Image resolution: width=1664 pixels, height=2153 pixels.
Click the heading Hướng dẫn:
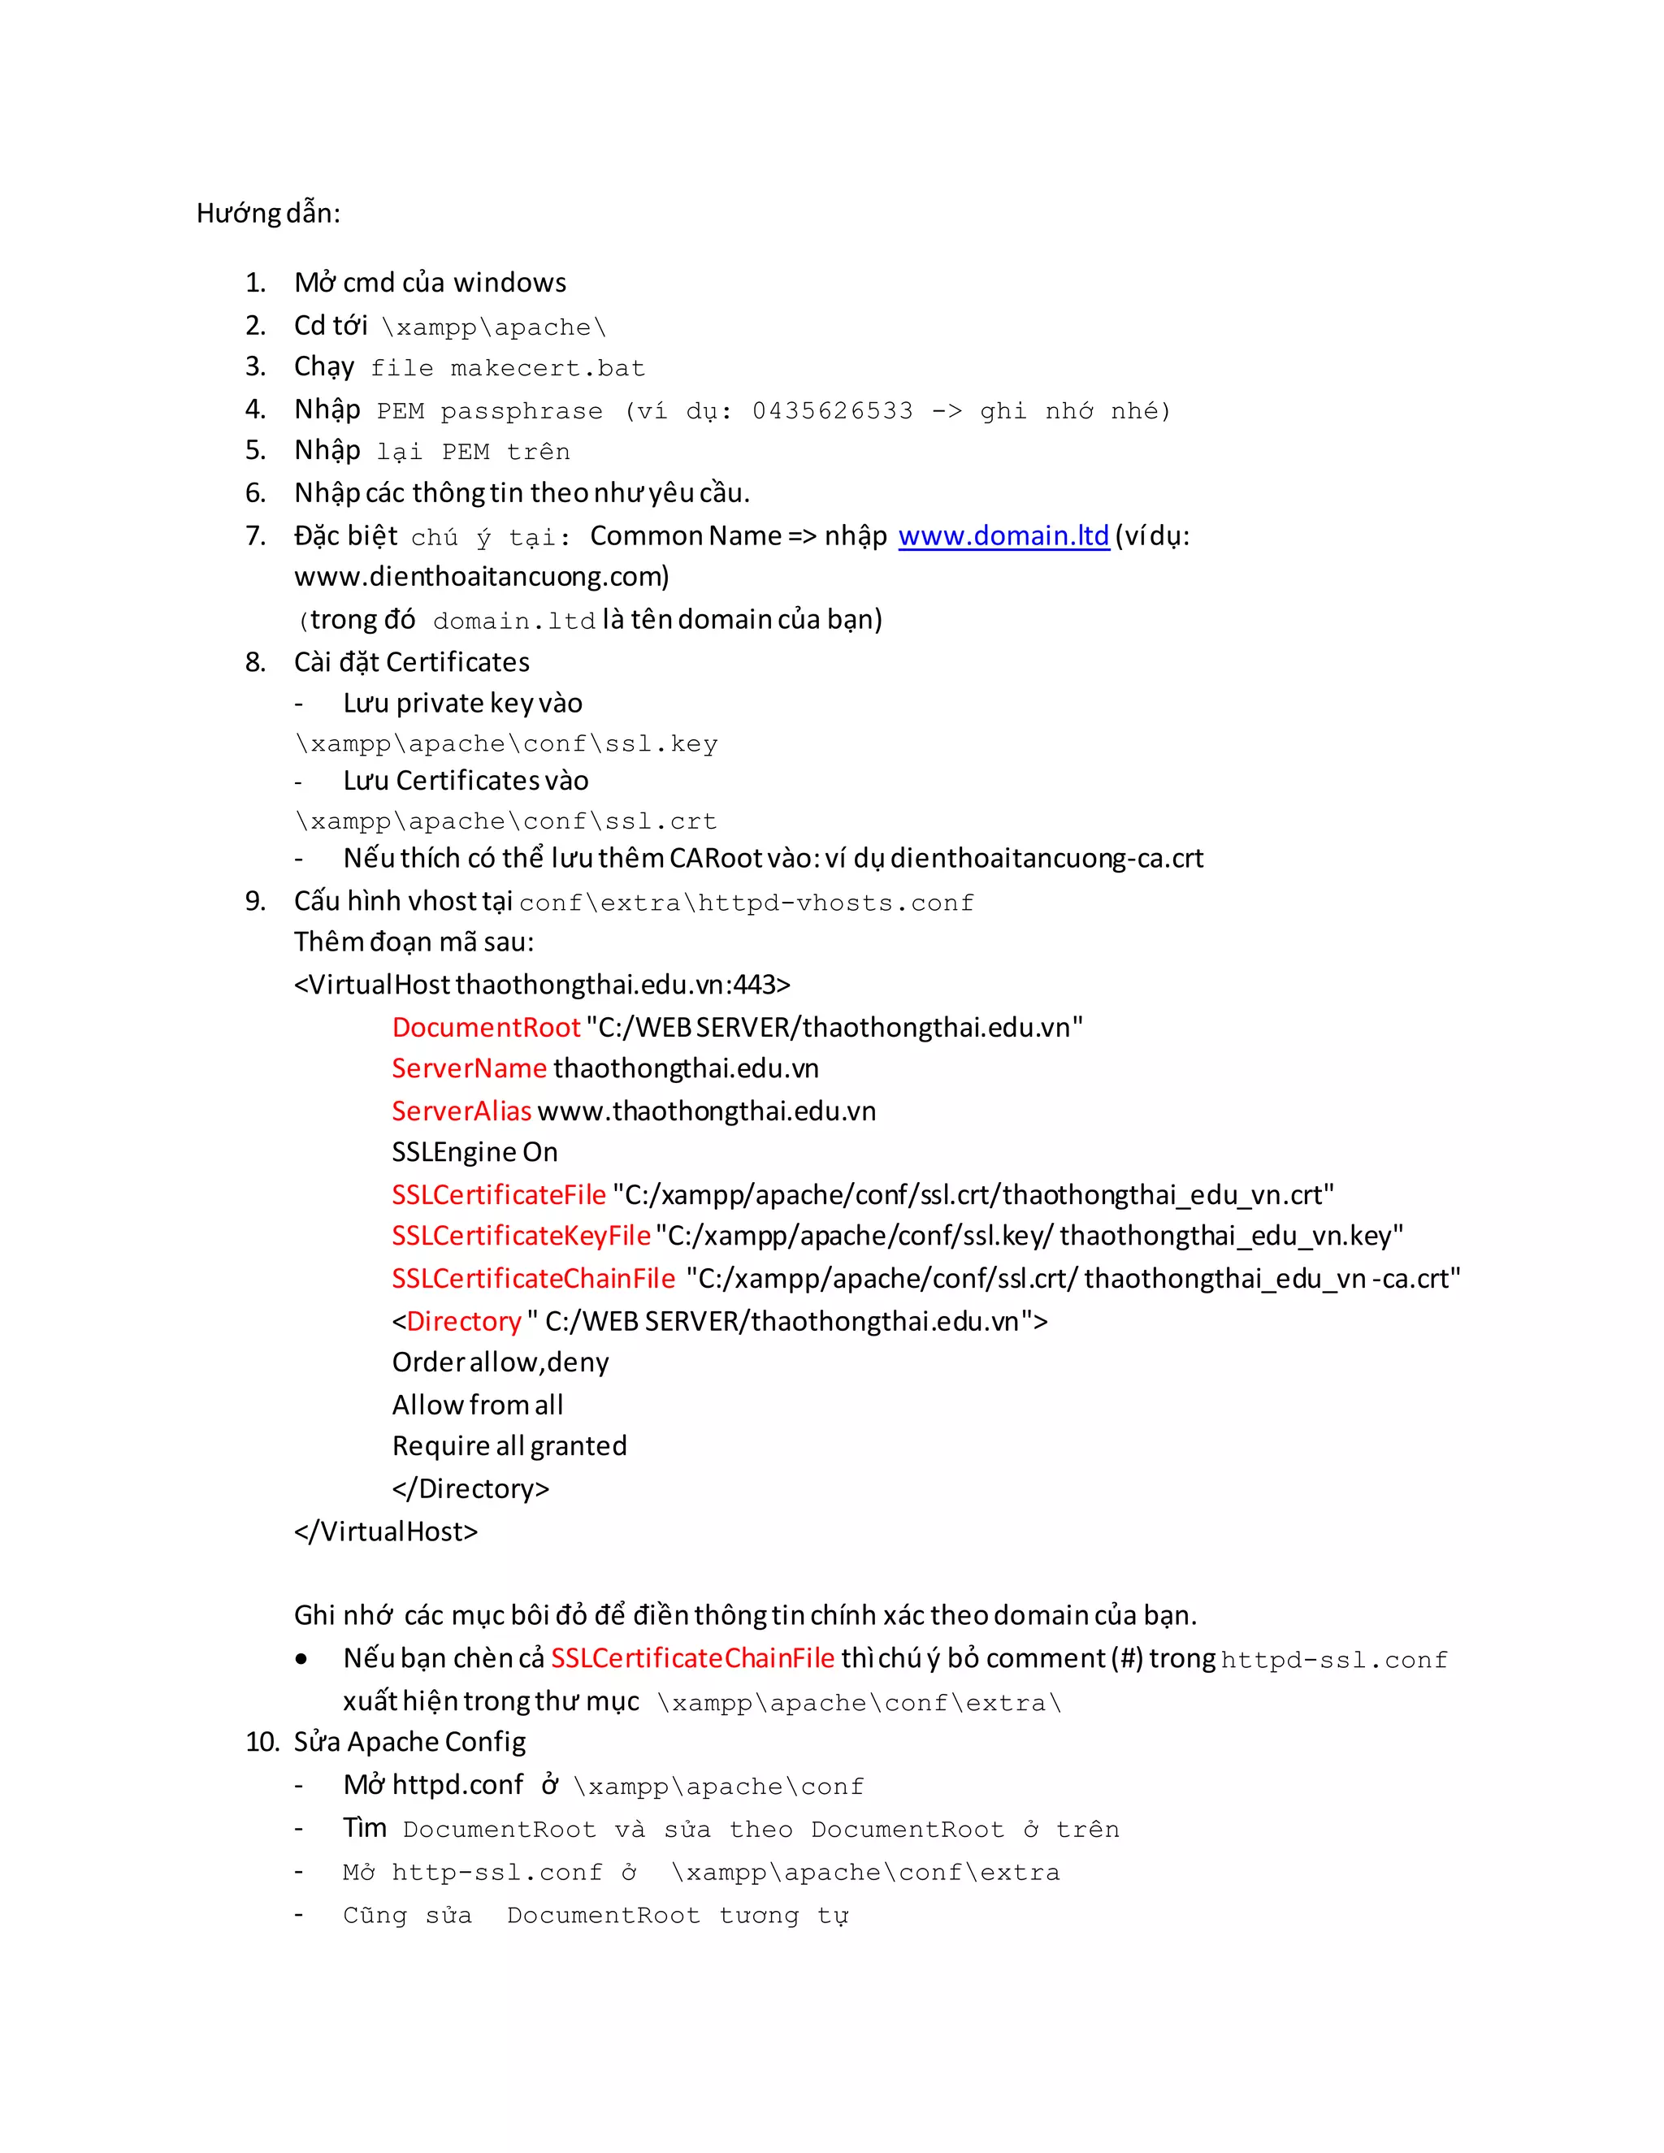[268, 213]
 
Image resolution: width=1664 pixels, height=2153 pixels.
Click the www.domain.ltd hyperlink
[1003, 535]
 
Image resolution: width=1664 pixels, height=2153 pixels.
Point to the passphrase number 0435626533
[832, 411]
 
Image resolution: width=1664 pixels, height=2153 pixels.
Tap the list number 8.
[255, 662]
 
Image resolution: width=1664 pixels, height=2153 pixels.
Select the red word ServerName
[470, 1068]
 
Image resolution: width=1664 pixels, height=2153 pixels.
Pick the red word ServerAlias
[461, 1111]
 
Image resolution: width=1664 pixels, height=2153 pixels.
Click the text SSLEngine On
[474, 1152]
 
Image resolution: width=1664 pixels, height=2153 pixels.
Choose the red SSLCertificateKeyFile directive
[521, 1237]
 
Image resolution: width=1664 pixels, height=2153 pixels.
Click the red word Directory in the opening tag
[463, 1321]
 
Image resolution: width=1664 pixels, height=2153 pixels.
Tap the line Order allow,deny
[500, 1362]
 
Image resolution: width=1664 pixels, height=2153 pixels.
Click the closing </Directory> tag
[470, 1488]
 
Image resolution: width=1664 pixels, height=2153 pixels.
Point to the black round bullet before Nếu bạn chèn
[301, 1660]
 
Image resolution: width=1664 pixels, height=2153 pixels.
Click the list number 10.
[262, 1742]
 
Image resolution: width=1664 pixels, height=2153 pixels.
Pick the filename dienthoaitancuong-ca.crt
[1046, 859]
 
